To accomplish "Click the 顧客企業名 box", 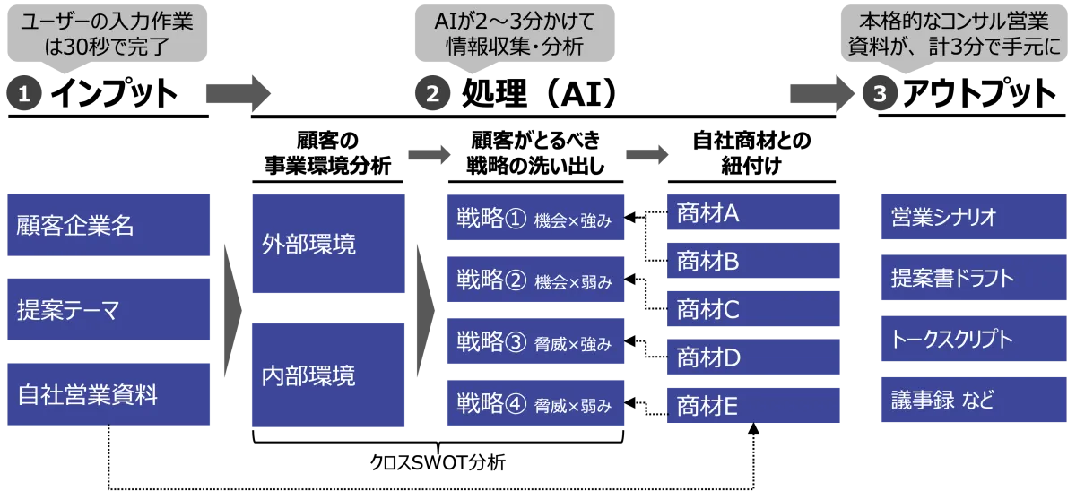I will pos(110,225).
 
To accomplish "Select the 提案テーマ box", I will pos(110,309).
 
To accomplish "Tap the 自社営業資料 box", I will pos(110,393).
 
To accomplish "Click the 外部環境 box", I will pos(317,244).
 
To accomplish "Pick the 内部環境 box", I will pos(317,375).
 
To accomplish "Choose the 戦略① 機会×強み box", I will pos(537,219).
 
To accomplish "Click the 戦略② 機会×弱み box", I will pos(537,280).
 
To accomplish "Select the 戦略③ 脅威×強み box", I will pos(537,342).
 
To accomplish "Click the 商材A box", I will pos(756,213).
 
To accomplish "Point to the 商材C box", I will pos(756,310).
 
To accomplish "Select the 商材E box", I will pos(756,406).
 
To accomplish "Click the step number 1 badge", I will pos(24,95).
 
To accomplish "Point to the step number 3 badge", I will pos(880,95).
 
